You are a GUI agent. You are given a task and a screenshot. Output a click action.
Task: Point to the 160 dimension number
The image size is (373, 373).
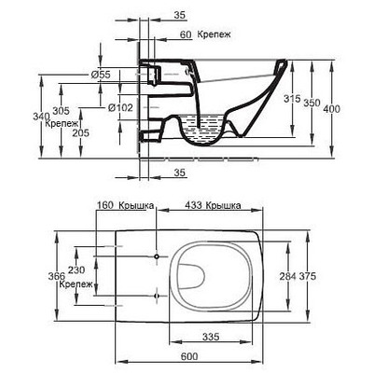point(104,205)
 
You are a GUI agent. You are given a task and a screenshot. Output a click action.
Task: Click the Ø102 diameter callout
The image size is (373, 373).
point(120,109)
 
